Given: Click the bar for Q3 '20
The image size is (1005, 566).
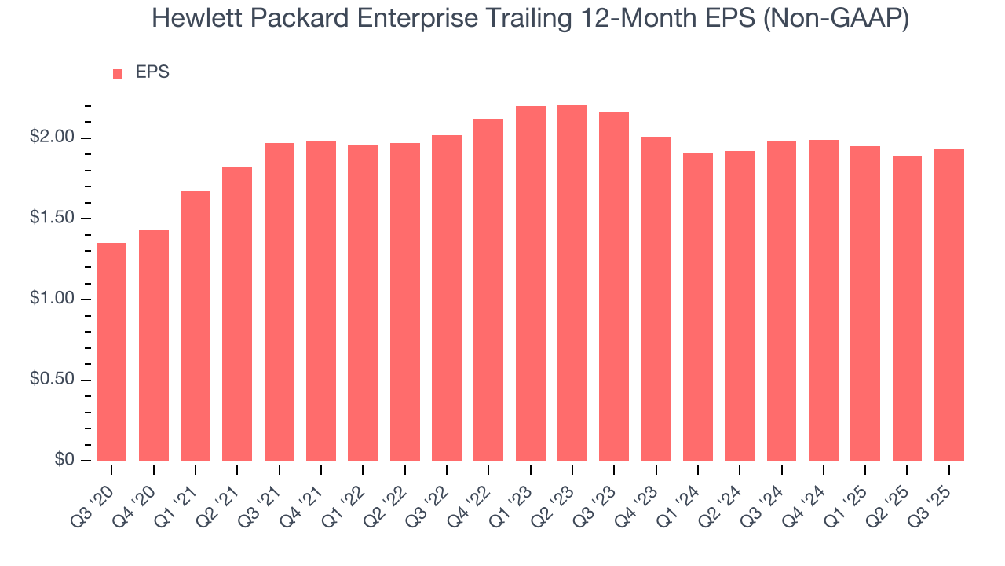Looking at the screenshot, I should coord(111,351).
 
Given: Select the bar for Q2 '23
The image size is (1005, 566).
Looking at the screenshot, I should coord(572,282).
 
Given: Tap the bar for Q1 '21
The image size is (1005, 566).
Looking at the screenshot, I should coord(196,325).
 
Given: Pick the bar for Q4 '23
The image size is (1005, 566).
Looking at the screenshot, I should coord(656,299).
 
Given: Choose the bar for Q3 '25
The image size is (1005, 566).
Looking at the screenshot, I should coord(948,305).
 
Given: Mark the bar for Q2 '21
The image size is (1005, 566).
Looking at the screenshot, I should coord(237,314).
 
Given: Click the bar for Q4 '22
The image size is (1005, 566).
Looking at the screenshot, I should coord(488,289).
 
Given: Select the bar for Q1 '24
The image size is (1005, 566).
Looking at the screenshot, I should coord(698,307).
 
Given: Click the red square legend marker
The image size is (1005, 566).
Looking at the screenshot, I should coord(118,73).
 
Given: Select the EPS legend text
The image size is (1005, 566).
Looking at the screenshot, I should coord(152,72).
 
